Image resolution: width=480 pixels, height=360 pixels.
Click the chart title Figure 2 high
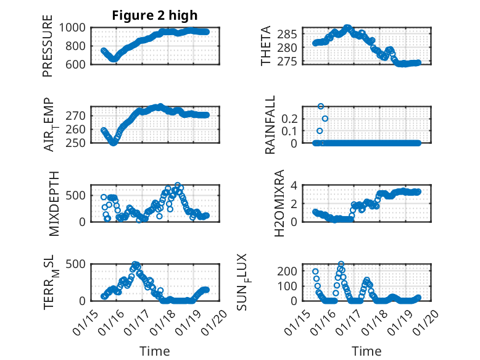coord(154,15)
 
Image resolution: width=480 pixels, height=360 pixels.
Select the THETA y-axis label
coord(266,46)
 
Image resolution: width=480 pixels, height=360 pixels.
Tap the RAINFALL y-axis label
coord(270,125)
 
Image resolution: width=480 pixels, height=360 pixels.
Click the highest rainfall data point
coord(321,106)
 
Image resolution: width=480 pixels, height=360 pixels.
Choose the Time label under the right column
coord(366,351)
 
